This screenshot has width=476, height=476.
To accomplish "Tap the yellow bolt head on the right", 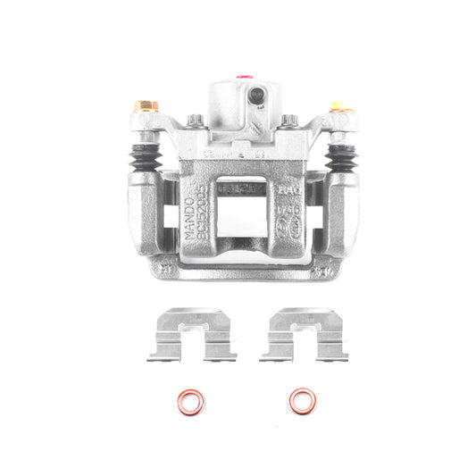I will point(338,107).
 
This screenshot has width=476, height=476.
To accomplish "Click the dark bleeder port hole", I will point(257,95).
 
